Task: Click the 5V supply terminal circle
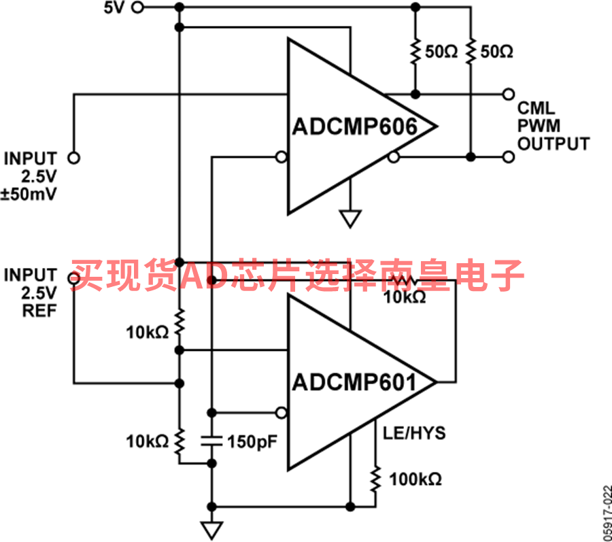coord(137,7)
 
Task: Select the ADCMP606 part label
coord(355,126)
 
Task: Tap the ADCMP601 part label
coord(355,382)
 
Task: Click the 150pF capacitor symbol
coord(211,442)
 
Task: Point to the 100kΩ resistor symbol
coord(375,479)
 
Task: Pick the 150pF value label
coord(252,442)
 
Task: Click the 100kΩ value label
coord(415,479)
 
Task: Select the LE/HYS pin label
coord(414,433)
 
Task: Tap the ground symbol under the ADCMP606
coord(350,218)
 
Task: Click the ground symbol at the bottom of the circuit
coord(212,530)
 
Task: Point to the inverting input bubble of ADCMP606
coord(282,157)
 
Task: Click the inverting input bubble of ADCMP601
coord(282,413)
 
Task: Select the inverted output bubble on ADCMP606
coord(394,157)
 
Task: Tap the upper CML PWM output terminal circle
coord(508,94)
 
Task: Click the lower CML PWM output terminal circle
coord(508,157)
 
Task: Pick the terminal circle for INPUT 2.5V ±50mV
coord(73,158)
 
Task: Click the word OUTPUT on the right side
coord(554,143)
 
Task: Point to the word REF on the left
coord(39,311)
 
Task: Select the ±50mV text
coord(29,194)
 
